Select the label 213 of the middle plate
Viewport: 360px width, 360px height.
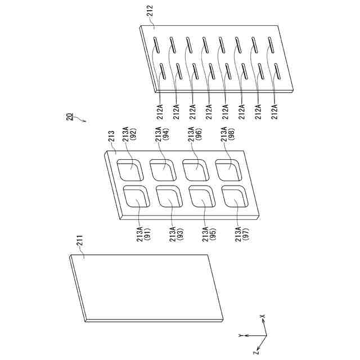110,137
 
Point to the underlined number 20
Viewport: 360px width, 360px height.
69,117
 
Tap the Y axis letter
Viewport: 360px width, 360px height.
240,335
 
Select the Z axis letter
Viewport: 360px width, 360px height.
256,353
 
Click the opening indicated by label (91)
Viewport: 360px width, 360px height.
134,198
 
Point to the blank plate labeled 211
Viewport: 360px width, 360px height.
146,287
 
